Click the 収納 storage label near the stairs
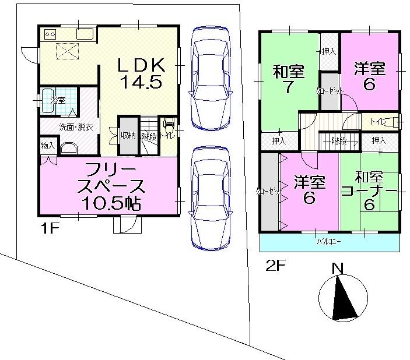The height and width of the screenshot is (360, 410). (128, 136)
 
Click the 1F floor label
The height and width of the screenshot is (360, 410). (51, 228)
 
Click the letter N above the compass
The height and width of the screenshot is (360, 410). (337, 269)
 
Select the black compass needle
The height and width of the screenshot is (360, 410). (343, 300)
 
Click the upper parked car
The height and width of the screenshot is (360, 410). (211, 76)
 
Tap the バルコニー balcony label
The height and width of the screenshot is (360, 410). (329, 240)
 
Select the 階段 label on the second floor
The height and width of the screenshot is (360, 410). (338, 140)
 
